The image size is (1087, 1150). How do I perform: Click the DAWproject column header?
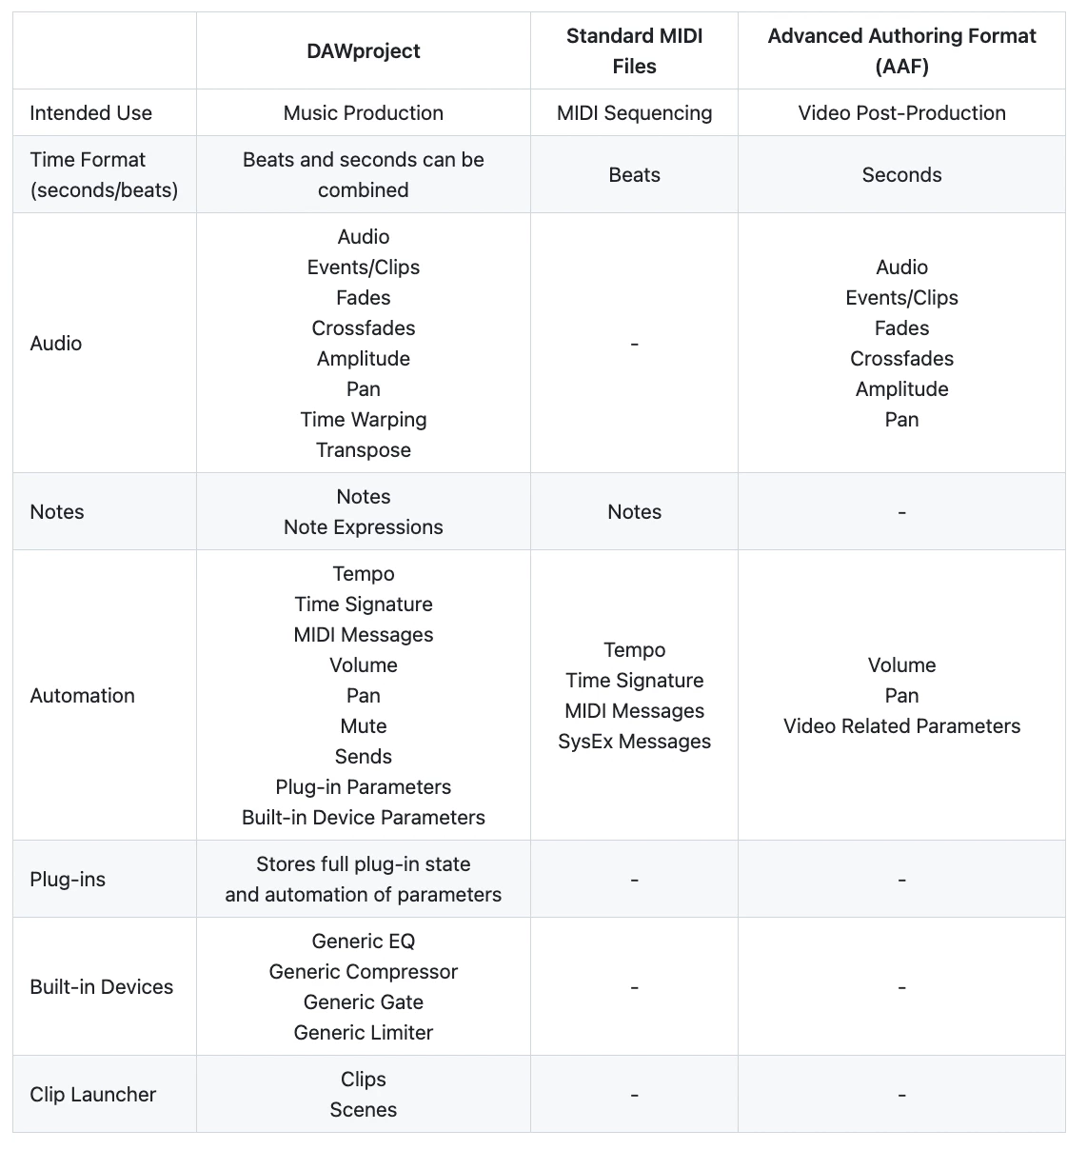[363, 51]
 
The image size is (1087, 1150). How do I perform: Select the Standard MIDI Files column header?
[634, 51]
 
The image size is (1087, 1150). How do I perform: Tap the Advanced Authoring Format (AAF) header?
[901, 51]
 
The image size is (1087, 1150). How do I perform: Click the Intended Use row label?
[90, 113]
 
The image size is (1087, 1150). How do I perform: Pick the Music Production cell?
[363, 113]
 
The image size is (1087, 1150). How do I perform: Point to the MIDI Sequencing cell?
[634, 113]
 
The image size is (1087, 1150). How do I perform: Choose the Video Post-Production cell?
[901, 113]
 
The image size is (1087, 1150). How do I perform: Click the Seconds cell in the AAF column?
[901, 175]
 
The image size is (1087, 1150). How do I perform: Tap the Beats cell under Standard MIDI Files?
[634, 175]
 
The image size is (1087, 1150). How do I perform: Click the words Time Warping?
[363, 420]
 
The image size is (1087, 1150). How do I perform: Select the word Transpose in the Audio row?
[363, 450]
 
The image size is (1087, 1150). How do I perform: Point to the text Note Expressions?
[363, 527]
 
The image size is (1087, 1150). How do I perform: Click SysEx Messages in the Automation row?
[634, 742]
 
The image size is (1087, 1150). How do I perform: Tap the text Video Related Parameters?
[901, 726]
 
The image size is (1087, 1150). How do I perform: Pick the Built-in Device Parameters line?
[363, 818]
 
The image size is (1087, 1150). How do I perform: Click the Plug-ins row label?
[68, 880]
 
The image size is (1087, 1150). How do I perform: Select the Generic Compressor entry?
[363, 972]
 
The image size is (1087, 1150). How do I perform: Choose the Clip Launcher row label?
[92, 1095]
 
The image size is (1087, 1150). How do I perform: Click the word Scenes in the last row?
[363, 1110]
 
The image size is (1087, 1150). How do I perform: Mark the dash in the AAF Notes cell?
[901, 513]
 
